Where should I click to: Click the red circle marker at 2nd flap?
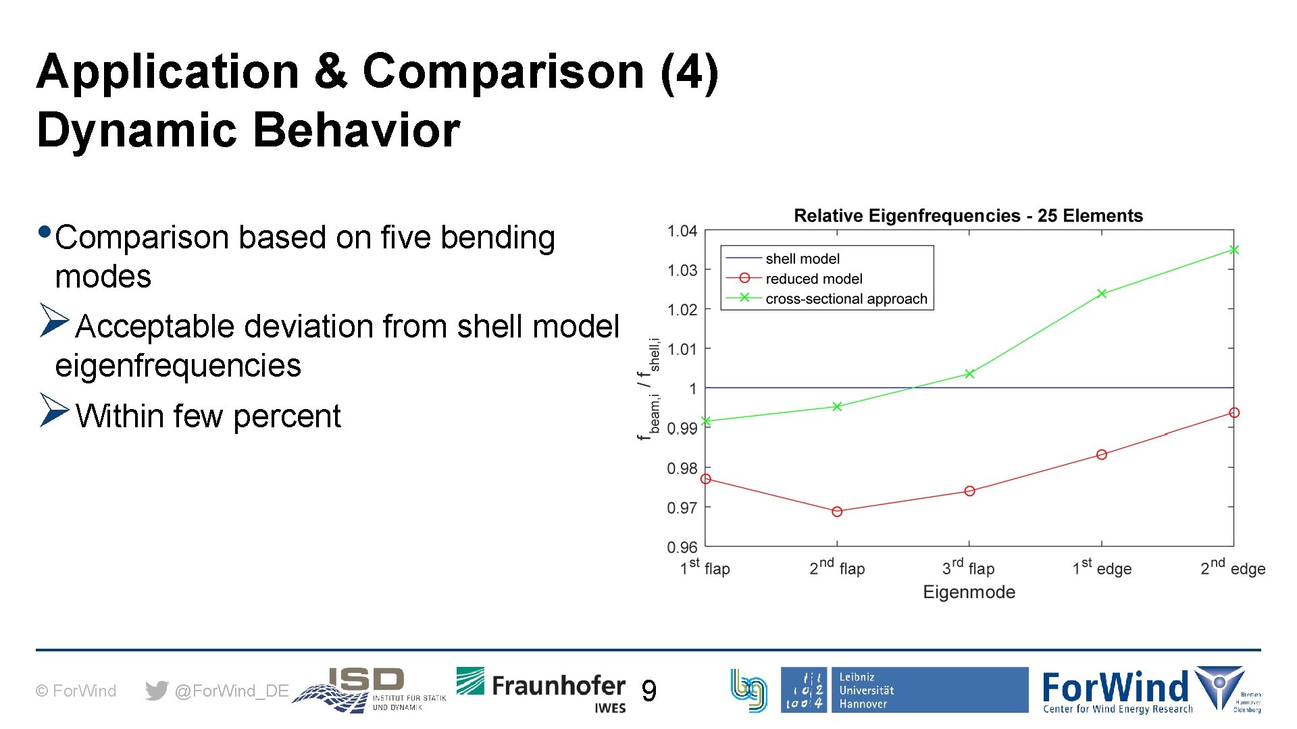[837, 512]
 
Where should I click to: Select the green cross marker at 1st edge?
[1102, 294]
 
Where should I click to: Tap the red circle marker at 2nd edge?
[1234, 412]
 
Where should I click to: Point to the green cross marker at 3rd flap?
[969, 373]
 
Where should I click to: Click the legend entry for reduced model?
[813, 279]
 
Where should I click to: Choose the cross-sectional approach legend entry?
[846, 298]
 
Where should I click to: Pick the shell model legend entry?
[802, 259]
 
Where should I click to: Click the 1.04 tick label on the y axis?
[682, 232]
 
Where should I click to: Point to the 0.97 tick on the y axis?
[682, 508]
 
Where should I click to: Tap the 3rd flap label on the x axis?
[968, 568]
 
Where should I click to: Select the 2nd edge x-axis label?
[1232, 568]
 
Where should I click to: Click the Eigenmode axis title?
[969, 592]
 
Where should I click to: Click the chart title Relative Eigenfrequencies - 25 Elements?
[968, 216]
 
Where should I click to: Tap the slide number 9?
[648, 691]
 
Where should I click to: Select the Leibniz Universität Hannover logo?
[904, 690]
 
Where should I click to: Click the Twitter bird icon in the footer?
[157, 691]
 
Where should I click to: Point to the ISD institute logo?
[369, 690]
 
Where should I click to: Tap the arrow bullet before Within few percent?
[54, 410]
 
